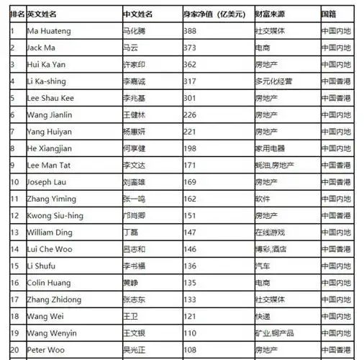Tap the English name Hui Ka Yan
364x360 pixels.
[45, 64]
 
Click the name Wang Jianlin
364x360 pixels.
[49, 114]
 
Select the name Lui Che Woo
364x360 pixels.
[49, 249]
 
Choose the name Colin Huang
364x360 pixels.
[49, 283]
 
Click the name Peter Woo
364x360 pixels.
[45, 350]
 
